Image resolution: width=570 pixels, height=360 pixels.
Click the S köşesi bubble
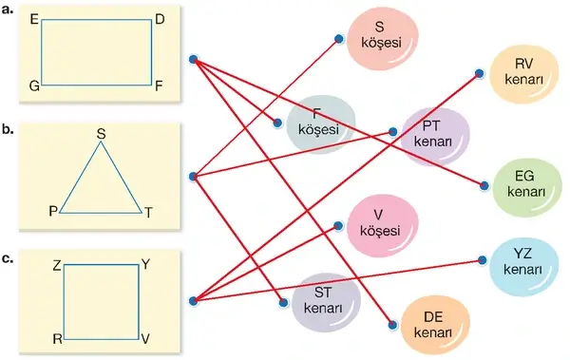tap(382, 36)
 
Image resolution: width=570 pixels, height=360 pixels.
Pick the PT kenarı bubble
tap(434, 136)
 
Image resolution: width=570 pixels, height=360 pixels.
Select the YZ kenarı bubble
tap(523, 261)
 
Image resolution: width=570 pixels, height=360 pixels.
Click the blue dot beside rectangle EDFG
tap(194, 59)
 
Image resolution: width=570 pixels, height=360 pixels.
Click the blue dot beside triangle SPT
tap(194, 177)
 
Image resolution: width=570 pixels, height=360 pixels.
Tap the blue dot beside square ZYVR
tap(194, 301)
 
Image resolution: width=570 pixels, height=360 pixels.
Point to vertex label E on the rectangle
tap(34, 19)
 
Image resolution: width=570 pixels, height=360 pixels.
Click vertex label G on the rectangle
tap(34, 86)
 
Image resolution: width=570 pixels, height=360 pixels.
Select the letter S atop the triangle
tap(101, 134)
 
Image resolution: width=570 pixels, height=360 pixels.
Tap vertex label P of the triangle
tap(53, 211)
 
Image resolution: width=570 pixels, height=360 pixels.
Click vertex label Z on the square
tap(57, 266)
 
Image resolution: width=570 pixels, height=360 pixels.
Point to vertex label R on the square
tap(57, 339)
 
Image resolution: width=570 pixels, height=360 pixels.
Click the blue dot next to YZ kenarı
tap(482, 260)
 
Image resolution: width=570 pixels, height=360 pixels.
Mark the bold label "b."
tap(8, 129)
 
